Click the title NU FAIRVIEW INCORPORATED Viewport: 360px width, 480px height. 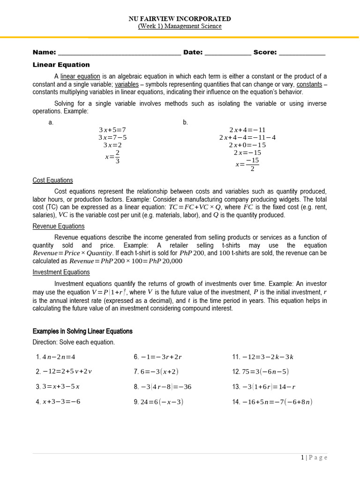coord(180,19)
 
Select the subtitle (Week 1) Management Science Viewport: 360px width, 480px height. coord(180,26)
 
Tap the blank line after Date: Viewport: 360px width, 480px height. coord(228,53)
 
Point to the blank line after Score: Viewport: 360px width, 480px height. coord(302,53)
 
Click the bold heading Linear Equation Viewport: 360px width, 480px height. coord(61,65)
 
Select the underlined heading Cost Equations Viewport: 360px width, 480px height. coord(52,180)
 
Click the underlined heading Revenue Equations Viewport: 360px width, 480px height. coord(59,226)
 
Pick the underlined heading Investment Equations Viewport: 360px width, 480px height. coord(61,272)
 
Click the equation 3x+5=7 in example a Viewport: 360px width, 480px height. coord(112,130)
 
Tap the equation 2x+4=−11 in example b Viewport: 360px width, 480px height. coord(247,130)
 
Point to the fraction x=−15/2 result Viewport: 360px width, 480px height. coord(247,164)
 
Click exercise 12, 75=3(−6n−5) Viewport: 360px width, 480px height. coord(261,372)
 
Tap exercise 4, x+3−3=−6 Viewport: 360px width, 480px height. coord(58,402)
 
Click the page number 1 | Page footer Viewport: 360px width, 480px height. coord(314,458)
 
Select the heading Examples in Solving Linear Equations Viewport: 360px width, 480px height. coord(82,331)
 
